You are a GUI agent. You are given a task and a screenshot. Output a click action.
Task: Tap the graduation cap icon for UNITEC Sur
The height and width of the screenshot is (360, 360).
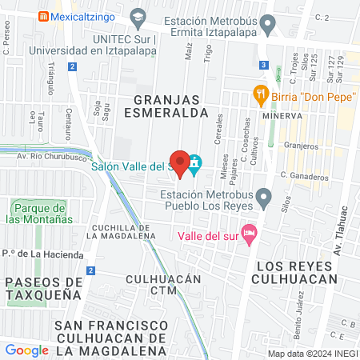[139, 17]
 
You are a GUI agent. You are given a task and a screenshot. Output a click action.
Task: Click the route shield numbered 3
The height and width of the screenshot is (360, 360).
[263, 65]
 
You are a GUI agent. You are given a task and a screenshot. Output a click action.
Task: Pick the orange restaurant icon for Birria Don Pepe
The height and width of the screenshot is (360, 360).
[259, 94]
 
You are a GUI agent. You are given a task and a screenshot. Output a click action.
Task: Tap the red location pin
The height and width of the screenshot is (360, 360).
[181, 163]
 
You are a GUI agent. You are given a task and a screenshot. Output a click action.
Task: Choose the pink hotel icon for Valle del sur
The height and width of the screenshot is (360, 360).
[249, 232]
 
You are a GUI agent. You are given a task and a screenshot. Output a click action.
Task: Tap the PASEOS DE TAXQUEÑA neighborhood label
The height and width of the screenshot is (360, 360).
[42, 288]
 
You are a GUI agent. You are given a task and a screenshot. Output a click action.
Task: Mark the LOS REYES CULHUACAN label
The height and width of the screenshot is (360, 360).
[293, 271]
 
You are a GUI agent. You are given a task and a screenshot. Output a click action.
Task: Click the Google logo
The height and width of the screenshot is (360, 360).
[27, 350]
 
